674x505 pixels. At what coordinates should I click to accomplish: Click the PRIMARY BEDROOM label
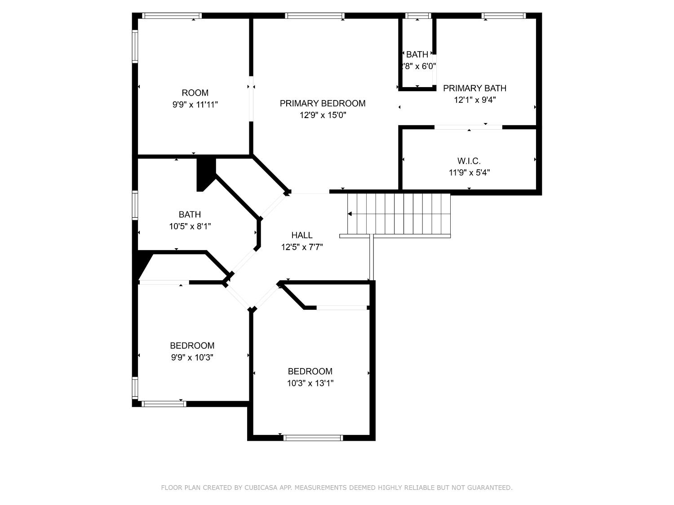click(x=322, y=103)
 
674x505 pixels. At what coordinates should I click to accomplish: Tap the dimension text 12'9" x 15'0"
click(x=323, y=115)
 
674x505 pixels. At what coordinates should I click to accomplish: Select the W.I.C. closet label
click(x=469, y=161)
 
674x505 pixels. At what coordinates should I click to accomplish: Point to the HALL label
click(x=302, y=235)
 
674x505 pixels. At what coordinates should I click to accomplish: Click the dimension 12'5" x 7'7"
click(x=302, y=247)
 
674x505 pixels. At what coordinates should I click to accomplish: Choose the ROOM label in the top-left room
click(x=195, y=93)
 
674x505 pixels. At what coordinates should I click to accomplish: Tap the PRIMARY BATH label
click(x=474, y=88)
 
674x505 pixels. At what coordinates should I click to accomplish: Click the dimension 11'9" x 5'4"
click(x=469, y=172)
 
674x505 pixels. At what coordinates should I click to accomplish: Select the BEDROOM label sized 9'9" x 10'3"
click(x=192, y=346)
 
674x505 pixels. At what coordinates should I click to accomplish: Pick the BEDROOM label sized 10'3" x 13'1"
click(x=310, y=371)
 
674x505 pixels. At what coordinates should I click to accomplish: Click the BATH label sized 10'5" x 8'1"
click(x=190, y=215)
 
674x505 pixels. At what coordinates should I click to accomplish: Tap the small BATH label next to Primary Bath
click(x=417, y=55)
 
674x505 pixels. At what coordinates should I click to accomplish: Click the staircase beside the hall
click(x=399, y=214)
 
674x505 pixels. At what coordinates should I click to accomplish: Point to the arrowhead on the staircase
click(x=350, y=214)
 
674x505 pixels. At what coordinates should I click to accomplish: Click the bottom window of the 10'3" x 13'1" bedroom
click(x=313, y=438)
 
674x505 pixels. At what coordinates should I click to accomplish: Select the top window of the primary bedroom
click(x=315, y=16)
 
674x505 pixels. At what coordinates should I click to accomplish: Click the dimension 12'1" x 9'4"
click(x=474, y=100)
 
